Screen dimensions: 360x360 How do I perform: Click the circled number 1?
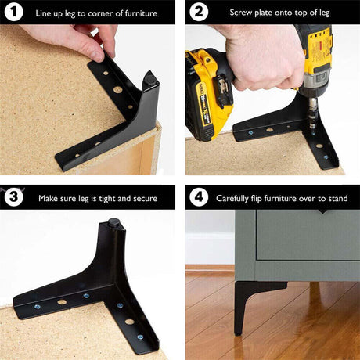tap(14, 12)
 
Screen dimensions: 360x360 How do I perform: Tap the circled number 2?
tap(199, 12)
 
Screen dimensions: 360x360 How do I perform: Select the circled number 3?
tap(14, 197)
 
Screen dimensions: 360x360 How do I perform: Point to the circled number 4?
tap(199, 197)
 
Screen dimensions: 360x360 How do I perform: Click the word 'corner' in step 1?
tap(100, 13)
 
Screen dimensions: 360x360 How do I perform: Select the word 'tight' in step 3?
tap(107, 199)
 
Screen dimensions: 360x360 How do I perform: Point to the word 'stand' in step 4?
tap(338, 199)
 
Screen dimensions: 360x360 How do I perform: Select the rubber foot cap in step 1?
tap(149, 79)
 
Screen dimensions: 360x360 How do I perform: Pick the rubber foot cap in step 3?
tap(113, 222)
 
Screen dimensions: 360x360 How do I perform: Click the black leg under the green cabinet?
tap(250, 303)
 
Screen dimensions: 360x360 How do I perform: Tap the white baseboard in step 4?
tap(210, 248)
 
